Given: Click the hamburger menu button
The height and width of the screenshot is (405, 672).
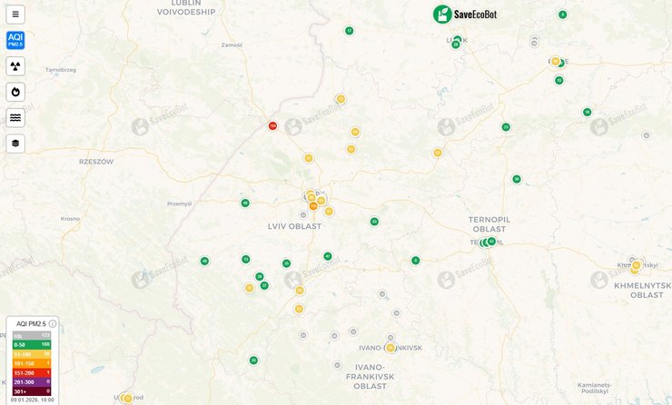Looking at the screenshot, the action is point(15,15).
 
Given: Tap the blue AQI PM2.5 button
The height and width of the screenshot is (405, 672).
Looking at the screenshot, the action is point(15,40).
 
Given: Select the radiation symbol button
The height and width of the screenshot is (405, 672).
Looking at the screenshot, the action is point(15,66).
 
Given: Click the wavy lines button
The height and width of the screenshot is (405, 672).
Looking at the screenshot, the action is point(15,117).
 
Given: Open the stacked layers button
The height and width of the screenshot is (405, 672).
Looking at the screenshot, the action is point(15,143).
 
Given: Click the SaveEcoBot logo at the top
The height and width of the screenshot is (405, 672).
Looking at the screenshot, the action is point(465,14).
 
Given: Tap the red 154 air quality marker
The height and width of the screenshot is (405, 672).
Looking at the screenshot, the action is point(272,126).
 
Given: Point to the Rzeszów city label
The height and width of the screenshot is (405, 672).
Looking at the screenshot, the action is point(95,162).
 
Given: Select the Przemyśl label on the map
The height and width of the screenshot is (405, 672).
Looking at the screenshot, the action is point(181,204).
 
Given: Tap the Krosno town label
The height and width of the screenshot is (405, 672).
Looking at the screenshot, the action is point(70,219).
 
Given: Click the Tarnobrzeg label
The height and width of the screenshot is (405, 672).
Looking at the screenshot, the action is point(60,69).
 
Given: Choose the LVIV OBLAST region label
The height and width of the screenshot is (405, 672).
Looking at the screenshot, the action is point(294,226).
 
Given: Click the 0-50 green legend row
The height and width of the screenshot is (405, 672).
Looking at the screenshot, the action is point(31,345).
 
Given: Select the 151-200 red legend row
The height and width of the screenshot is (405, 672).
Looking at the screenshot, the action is point(31,373).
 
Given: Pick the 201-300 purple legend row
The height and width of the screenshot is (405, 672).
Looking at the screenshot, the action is point(31,382).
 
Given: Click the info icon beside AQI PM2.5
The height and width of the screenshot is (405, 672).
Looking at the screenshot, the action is point(53,323).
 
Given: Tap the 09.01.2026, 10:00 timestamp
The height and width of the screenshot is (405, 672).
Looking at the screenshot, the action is point(33,400).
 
